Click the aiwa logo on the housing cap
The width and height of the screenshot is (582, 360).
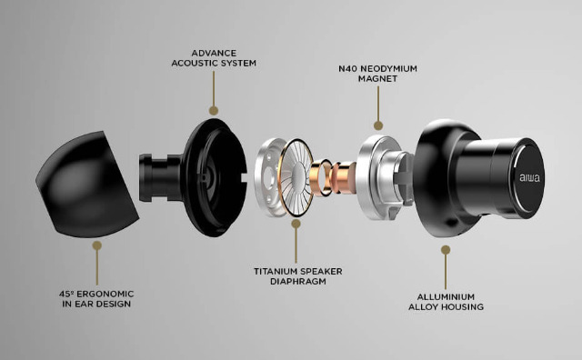click(x=529, y=178)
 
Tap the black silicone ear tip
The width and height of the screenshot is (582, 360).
click(x=87, y=184)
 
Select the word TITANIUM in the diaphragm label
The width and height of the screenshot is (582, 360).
click(x=276, y=271)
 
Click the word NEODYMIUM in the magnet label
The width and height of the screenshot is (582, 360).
click(x=388, y=69)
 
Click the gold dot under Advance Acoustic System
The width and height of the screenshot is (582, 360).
click(x=214, y=110)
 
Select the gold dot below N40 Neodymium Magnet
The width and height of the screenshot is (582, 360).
click(x=378, y=125)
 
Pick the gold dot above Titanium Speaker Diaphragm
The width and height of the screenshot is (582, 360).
click(x=296, y=224)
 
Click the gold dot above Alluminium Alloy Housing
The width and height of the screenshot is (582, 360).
click(x=446, y=250)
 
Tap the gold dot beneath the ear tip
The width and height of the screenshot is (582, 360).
click(x=97, y=245)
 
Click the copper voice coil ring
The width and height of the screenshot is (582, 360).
click(x=321, y=177)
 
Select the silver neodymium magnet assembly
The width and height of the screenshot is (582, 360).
click(x=384, y=177)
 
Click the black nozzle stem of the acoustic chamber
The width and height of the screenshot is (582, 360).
click(x=160, y=178)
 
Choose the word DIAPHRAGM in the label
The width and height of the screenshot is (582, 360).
click(x=298, y=281)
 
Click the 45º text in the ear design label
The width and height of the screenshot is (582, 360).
click(x=65, y=294)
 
